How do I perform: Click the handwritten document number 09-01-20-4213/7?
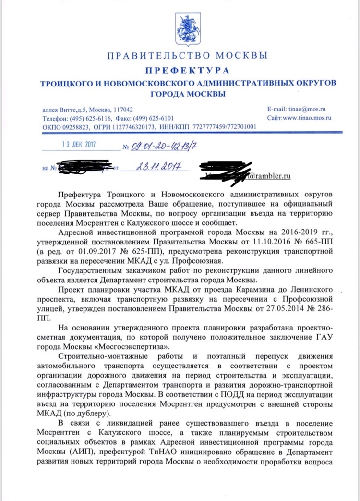click(x=161, y=145)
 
